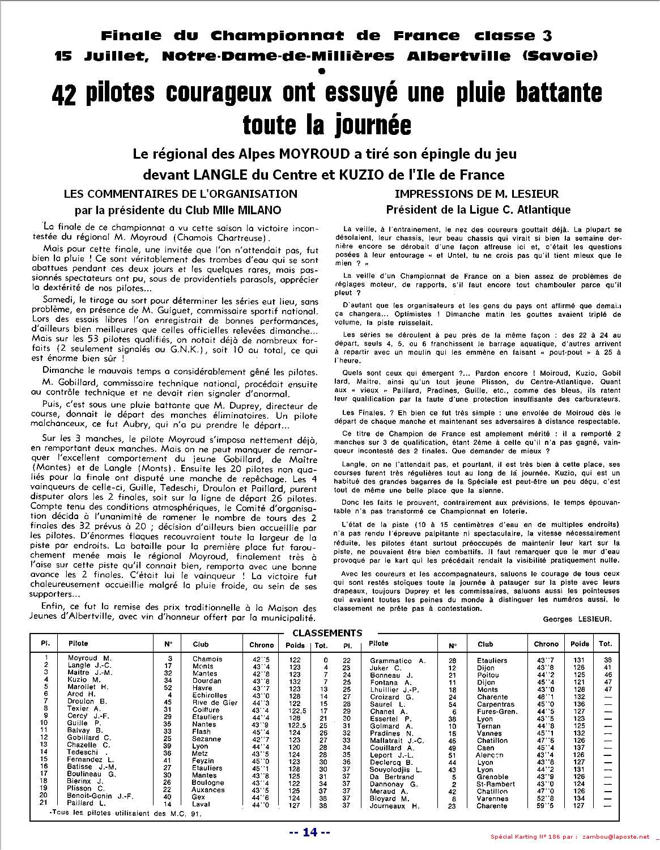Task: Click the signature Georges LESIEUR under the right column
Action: pyautogui.click(x=577, y=619)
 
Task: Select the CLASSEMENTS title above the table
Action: pyautogui.click(x=327, y=633)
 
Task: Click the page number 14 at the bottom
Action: pyautogui.click(x=309, y=832)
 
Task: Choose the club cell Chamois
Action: pyautogui.click(x=207, y=659)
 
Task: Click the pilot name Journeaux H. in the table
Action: pyautogui.click(x=394, y=806)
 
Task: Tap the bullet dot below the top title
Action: pyautogui.click(x=323, y=70)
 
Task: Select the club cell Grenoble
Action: pyautogui.click(x=492, y=777)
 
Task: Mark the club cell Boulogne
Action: pyautogui.click(x=208, y=783)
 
